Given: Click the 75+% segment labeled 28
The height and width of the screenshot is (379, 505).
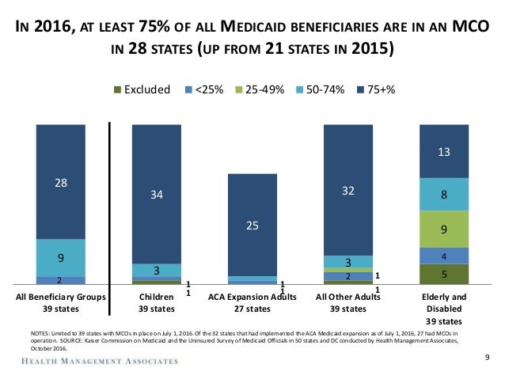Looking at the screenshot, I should point(60,182).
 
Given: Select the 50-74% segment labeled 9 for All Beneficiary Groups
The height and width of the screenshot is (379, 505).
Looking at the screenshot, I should point(60,257).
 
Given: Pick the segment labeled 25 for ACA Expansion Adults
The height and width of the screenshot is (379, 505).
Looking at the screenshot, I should point(252,226).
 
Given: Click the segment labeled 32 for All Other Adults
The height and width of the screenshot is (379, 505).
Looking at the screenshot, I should point(347,190).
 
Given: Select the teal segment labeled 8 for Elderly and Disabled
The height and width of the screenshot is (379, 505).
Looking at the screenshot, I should point(444,194).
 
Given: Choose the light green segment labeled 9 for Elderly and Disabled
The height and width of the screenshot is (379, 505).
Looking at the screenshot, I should point(444,229).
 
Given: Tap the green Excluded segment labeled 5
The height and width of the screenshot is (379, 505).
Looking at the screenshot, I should point(444,274).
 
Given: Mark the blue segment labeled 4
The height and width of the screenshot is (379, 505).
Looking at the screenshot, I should point(444,256).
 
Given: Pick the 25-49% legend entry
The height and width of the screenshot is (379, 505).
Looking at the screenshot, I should point(261,89).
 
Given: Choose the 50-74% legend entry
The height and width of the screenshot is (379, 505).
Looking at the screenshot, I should point(323,89).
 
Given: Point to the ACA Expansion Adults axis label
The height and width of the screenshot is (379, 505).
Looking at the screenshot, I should point(252,297).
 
